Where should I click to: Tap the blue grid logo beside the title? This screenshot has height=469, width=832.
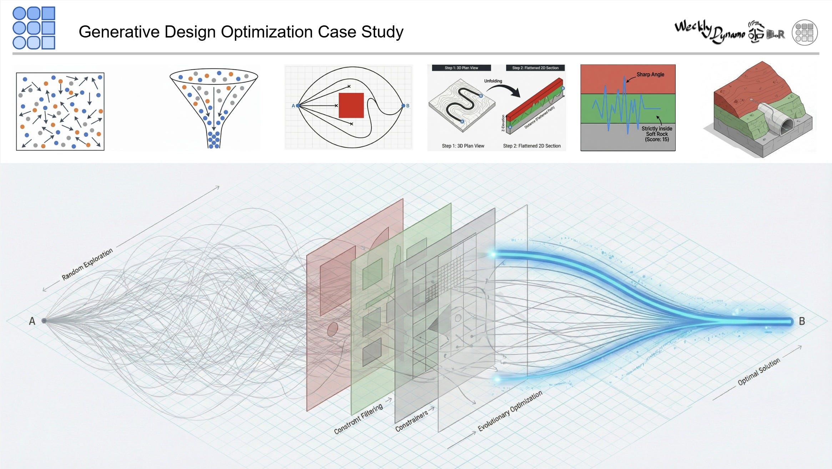click(x=34, y=28)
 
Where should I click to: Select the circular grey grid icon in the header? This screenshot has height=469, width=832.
click(x=805, y=33)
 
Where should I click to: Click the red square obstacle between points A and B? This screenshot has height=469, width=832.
click(x=351, y=105)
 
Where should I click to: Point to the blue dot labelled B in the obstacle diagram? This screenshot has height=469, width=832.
click(x=403, y=106)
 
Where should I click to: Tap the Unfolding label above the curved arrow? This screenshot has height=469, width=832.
click(x=493, y=81)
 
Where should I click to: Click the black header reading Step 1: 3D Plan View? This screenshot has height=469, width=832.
click(x=461, y=68)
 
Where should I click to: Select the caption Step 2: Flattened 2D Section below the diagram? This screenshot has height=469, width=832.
click(x=531, y=146)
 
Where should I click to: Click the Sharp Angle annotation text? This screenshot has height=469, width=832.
click(x=650, y=74)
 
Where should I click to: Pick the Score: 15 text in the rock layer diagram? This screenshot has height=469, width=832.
click(x=657, y=139)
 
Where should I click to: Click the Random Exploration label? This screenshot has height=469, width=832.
click(x=87, y=264)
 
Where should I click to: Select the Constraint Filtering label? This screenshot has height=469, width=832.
click(x=358, y=419)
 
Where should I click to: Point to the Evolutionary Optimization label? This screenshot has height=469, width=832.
click(x=510, y=411)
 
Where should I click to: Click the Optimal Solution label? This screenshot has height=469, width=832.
click(x=758, y=372)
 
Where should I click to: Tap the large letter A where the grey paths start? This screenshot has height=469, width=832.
click(x=32, y=321)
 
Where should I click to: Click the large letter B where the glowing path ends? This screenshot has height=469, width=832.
click(x=802, y=321)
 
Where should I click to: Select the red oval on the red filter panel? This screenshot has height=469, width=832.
click(x=332, y=329)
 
